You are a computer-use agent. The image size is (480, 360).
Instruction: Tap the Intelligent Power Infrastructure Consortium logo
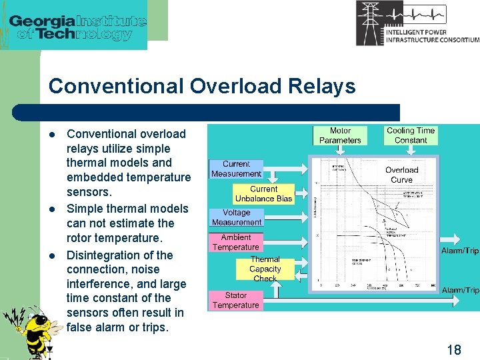click(417, 23)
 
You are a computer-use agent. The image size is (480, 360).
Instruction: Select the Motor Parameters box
click(340, 135)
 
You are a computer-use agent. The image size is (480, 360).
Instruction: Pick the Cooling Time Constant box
click(410, 135)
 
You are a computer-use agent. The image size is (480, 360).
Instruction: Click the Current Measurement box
click(236, 169)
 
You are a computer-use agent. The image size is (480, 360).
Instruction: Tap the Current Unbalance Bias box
click(263, 193)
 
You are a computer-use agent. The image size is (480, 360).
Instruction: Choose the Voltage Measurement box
click(236, 217)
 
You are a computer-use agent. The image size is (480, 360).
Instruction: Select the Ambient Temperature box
click(235, 242)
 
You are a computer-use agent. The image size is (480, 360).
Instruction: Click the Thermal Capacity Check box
click(265, 269)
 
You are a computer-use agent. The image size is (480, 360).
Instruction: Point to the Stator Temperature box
click(235, 300)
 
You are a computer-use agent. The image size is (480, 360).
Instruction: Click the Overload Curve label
click(401, 175)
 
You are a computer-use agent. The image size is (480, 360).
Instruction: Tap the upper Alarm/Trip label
click(460, 251)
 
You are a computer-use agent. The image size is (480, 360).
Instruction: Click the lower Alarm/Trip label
click(460, 290)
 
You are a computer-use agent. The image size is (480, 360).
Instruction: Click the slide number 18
click(453, 349)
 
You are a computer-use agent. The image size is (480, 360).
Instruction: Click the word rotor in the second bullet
click(79, 238)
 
